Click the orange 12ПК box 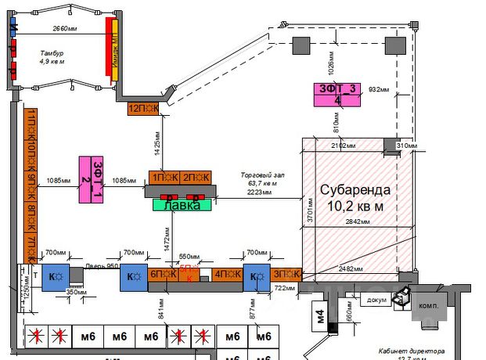(x=143, y=108)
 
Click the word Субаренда (x=352, y=190)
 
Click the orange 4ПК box (x=226, y=274)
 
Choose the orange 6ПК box (x=162, y=274)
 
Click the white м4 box (x=320, y=318)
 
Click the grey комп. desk (x=427, y=305)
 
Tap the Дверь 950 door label (x=101, y=266)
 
